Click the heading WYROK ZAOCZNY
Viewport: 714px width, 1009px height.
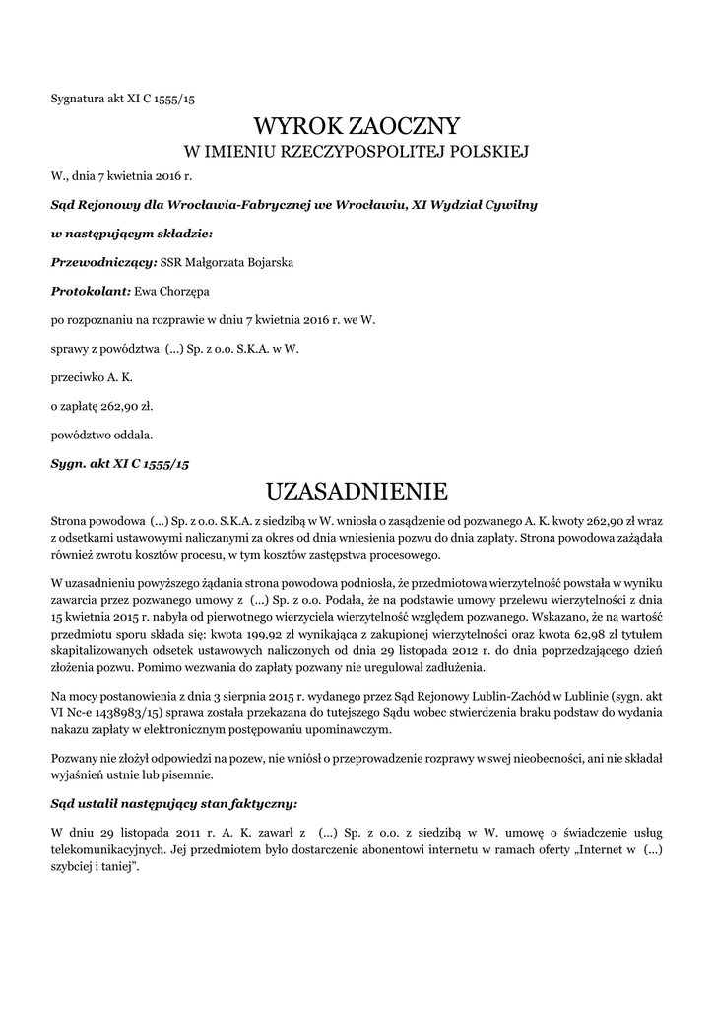coord(357,126)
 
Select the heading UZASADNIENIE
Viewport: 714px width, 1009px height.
coord(357,490)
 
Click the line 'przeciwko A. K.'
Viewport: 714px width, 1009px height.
coord(92,376)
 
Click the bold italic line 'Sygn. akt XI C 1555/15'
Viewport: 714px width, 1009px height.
coord(119,461)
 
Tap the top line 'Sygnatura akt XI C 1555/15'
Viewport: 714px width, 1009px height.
coord(129,99)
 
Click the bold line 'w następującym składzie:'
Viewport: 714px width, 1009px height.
coord(131,235)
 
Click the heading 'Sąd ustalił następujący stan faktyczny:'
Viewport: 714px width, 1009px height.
coord(172,802)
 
